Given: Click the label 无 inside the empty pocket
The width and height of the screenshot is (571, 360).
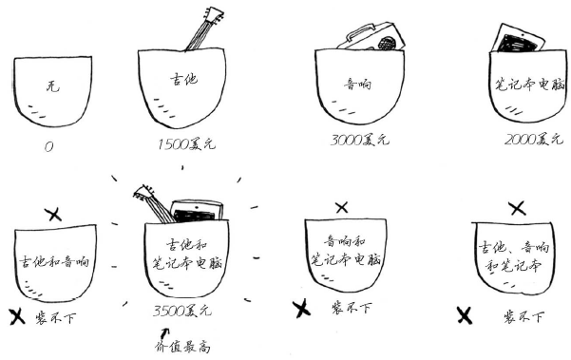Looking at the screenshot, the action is pyautogui.click(x=53, y=86).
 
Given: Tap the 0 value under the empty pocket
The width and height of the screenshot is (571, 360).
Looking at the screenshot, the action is pyautogui.click(x=48, y=146).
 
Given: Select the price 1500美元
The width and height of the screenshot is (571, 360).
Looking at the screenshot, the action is pyautogui.click(x=186, y=144).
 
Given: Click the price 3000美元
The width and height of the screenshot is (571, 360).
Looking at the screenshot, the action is pyautogui.click(x=360, y=141).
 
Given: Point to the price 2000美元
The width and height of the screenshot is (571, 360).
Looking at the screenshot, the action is pyautogui.click(x=534, y=139).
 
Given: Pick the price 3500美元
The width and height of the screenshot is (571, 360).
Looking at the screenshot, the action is pyautogui.click(x=182, y=311).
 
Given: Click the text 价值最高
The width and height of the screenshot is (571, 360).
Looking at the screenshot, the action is pyautogui.click(x=182, y=346).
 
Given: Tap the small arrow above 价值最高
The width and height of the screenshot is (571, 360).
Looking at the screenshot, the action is pyautogui.click(x=164, y=333).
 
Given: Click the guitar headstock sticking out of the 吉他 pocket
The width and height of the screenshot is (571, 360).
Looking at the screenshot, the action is pyautogui.click(x=214, y=15).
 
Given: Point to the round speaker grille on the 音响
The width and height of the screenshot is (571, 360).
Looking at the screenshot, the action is pyautogui.click(x=387, y=44).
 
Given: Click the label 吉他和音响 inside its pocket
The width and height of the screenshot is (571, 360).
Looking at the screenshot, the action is pyautogui.click(x=54, y=261).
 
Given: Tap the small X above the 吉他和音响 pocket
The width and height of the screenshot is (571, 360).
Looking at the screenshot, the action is pyautogui.click(x=54, y=215).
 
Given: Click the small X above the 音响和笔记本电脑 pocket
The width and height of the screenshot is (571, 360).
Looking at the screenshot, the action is pyautogui.click(x=342, y=208).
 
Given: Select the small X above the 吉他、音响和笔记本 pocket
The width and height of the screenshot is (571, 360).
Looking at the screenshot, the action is pyautogui.click(x=518, y=209).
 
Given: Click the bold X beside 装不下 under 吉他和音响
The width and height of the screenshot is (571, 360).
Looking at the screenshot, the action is pyautogui.click(x=17, y=317).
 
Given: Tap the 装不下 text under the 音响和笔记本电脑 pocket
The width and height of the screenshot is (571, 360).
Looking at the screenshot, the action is pyautogui.click(x=352, y=308).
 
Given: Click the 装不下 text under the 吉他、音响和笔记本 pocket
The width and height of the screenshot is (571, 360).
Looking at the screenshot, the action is pyautogui.click(x=523, y=316).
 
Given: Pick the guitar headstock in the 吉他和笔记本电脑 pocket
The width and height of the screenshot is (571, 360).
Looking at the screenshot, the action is pyautogui.click(x=143, y=193).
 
